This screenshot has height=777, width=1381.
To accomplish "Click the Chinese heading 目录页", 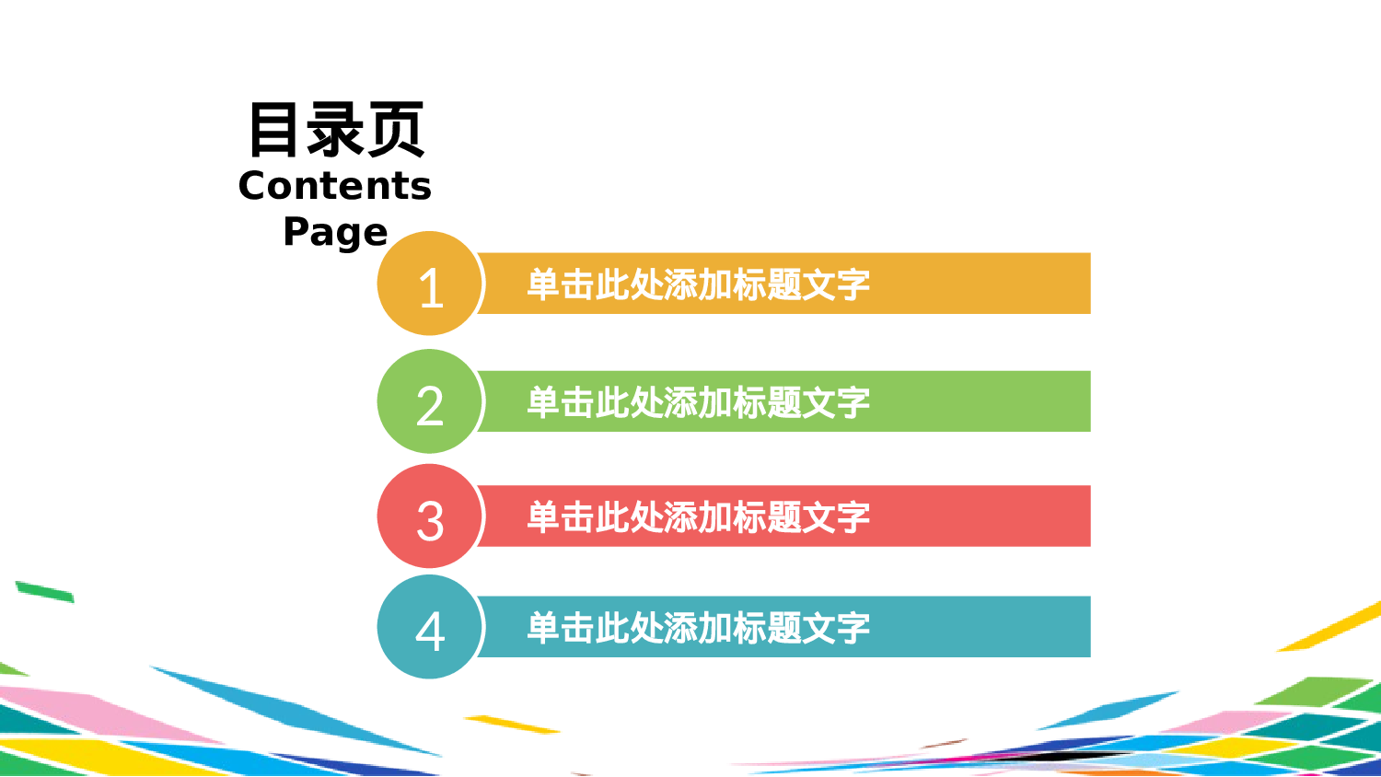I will click(x=336, y=130).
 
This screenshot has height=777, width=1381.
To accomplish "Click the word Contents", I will click(x=335, y=186).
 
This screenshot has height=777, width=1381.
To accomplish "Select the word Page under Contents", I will click(x=335, y=232).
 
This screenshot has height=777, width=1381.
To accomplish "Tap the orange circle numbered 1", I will click(x=430, y=284).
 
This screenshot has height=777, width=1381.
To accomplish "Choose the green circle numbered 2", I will click(x=430, y=401).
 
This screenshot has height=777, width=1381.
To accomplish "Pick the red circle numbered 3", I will click(x=430, y=516).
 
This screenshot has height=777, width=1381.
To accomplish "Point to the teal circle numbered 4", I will click(x=430, y=627).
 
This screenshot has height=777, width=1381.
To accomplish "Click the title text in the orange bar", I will click(x=698, y=284).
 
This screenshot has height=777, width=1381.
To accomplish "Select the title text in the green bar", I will click(x=698, y=402).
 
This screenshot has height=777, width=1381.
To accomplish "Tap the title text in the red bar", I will click(x=698, y=517).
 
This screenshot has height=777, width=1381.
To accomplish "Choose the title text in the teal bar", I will click(x=698, y=628).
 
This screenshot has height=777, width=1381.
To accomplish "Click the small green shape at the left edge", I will click(x=44, y=591).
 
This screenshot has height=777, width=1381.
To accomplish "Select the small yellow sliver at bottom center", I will click(x=511, y=724).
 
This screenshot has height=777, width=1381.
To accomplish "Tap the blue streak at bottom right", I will click(x=1109, y=710).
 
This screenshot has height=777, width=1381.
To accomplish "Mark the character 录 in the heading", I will click(x=336, y=130).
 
